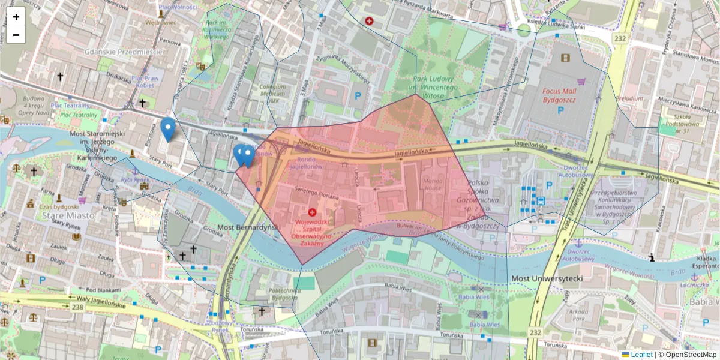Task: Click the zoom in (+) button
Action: (x=16, y=17)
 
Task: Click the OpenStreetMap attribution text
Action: (x=690, y=355)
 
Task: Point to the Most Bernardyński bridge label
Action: (x=249, y=228)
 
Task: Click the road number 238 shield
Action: (x=77, y=307)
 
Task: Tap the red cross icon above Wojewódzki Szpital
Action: (x=312, y=212)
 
